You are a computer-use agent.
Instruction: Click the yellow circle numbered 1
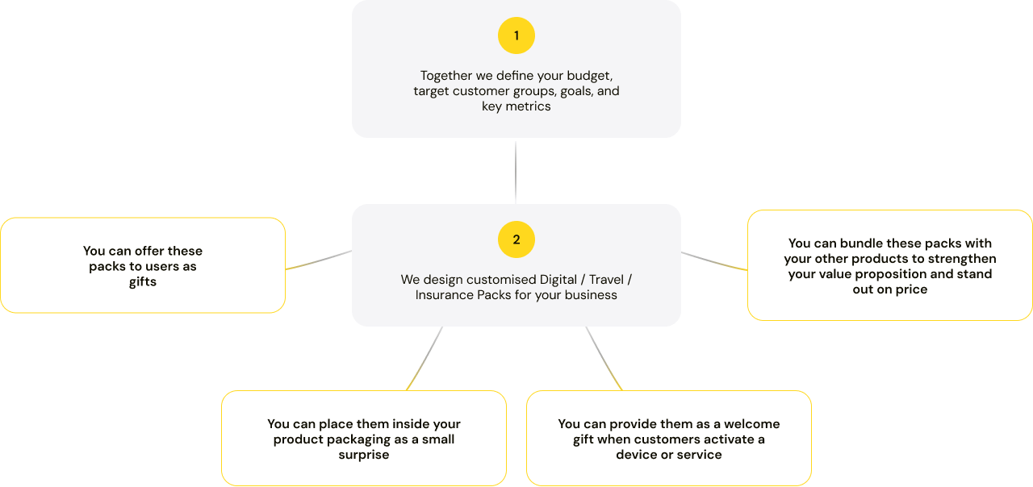coord(516,35)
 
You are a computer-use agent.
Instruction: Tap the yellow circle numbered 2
coord(516,239)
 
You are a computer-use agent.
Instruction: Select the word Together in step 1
coord(445,76)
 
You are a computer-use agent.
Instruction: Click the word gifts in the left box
coord(143,282)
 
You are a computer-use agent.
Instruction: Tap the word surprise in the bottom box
coord(364,455)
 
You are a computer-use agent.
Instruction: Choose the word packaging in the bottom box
coord(358,439)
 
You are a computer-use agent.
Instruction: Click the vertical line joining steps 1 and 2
coord(516,171)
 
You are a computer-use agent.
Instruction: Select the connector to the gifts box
coord(319,260)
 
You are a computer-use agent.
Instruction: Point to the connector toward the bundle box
coord(714,260)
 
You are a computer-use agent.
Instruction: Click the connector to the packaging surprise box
coord(424,359)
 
